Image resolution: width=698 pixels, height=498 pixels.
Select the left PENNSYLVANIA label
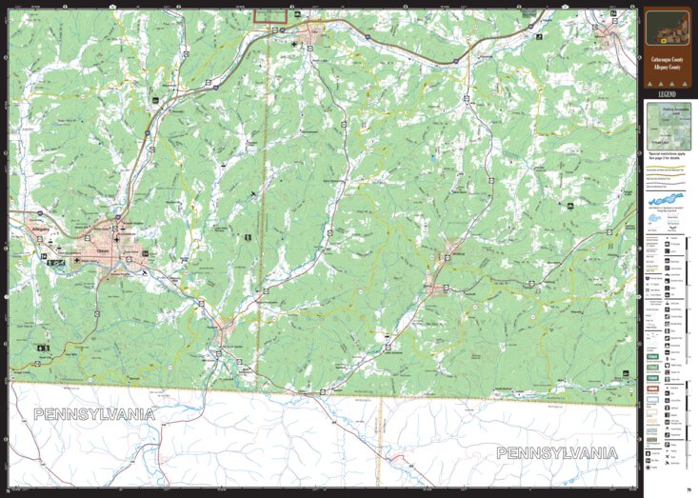[94, 415]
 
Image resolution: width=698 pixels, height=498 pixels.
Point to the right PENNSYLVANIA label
[556, 452]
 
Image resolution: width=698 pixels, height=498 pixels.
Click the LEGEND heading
[666, 94]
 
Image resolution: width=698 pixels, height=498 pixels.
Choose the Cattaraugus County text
[667, 59]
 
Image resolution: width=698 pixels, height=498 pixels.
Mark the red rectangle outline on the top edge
[270, 15]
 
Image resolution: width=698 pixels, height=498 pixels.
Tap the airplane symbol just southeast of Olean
[145, 272]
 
